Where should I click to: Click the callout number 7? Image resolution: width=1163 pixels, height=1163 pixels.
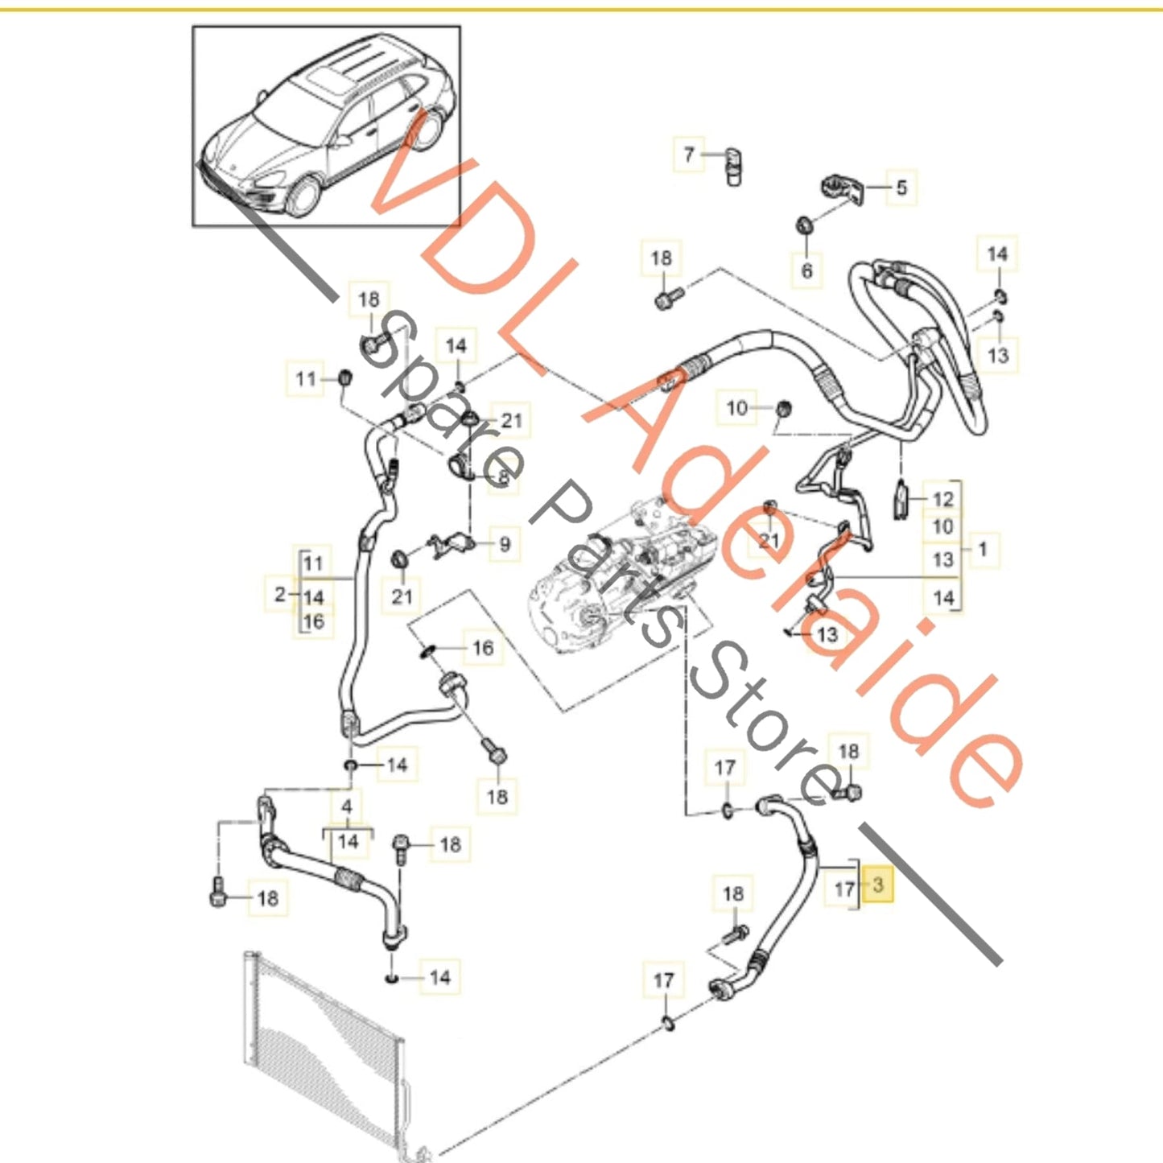688,154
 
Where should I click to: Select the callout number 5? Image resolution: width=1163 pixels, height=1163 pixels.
901,188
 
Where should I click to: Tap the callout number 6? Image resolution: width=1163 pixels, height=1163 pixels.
806,270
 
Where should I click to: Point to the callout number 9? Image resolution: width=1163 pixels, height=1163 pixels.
505,544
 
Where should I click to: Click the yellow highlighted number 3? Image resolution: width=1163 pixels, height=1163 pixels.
877,885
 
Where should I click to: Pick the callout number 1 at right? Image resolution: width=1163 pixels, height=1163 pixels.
982,550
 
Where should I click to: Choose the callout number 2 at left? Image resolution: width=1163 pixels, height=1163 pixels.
280,595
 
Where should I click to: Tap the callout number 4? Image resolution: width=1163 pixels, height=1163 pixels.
347,806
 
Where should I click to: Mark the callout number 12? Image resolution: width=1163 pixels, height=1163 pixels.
942,499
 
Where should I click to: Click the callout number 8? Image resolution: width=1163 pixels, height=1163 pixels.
503,478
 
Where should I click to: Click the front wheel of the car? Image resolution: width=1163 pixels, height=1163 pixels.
303,197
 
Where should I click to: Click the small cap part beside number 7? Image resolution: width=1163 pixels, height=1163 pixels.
732,165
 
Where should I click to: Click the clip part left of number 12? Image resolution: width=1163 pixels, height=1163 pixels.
901,497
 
